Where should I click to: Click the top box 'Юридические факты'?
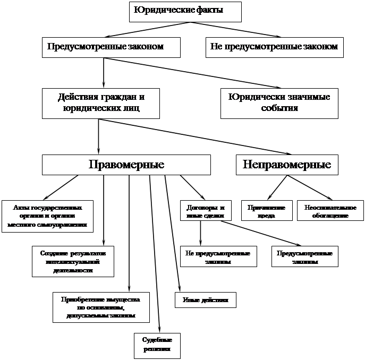point(185,11)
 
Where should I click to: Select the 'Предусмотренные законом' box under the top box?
point(111,47)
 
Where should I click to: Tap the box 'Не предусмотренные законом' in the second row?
point(274,47)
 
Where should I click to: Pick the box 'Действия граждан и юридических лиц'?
point(101,102)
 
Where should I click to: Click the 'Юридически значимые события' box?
point(279,102)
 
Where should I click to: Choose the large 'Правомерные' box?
point(126,165)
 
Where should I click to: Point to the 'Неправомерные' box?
point(287,165)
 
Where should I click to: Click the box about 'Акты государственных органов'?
point(47,216)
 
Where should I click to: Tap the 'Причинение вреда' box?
point(267,211)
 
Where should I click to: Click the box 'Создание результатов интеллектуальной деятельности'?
point(73,261)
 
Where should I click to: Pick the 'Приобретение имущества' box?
point(100,307)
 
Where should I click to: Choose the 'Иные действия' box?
point(205,299)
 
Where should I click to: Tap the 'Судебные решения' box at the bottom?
point(157,345)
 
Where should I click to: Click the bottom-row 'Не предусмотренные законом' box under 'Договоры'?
point(218,256)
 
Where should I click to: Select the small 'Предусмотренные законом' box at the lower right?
point(305,256)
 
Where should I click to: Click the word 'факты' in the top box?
point(209,10)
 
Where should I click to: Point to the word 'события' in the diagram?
point(279,108)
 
